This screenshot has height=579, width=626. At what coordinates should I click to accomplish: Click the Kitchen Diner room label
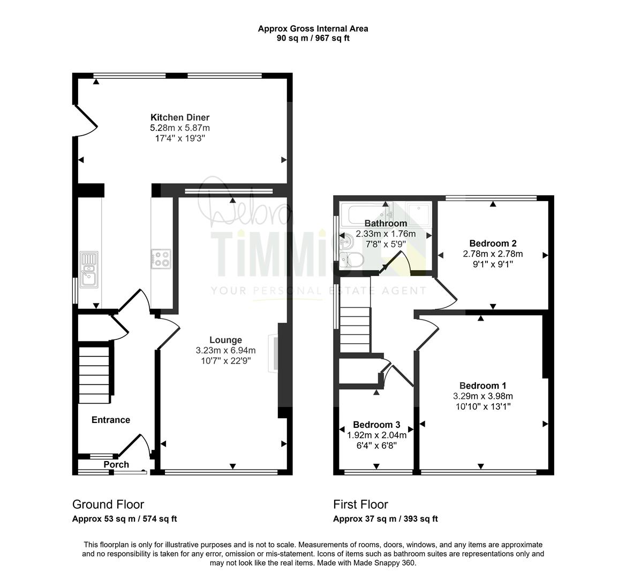coord(179,117)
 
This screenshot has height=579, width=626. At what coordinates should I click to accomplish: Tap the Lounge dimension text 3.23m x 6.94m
coord(225,351)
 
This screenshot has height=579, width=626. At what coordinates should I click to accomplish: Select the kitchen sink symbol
coord(89,269)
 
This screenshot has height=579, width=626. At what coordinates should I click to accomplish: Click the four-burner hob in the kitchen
coord(161,258)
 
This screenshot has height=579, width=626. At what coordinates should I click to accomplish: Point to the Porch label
coord(116,464)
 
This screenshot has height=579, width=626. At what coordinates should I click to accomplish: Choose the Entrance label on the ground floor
coord(111,420)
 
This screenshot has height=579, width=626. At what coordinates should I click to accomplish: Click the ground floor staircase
coord(94,375)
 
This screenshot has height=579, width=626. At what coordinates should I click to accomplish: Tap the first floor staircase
coord(355,330)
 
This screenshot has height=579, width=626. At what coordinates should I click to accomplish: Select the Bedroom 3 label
coord(376,425)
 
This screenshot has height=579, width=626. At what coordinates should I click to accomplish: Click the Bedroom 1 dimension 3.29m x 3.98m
coord(482,396)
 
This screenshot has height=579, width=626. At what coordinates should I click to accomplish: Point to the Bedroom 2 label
coord(493,243)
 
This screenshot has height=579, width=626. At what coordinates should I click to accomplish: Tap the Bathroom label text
coord(386,223)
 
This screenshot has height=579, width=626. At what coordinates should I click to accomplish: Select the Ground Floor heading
coord(108,504)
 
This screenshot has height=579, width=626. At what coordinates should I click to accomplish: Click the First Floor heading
coord(360,504)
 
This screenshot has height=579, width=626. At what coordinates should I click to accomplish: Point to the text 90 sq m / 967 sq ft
coord(313,39)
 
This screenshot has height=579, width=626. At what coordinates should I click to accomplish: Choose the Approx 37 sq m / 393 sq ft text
coord(385,518)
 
